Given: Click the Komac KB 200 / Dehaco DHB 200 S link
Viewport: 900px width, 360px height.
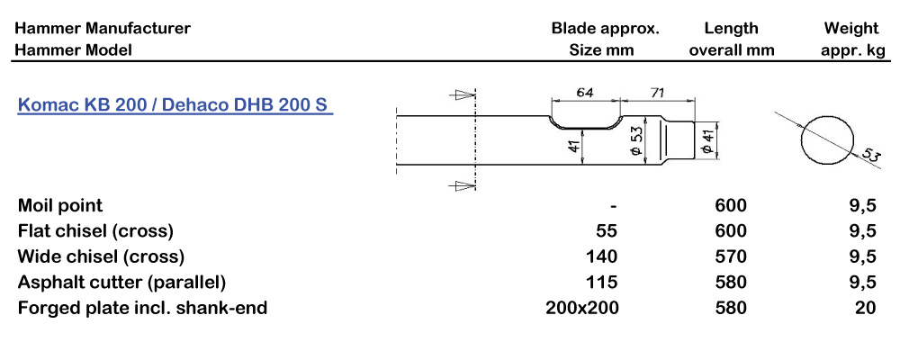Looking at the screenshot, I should pos(175,105).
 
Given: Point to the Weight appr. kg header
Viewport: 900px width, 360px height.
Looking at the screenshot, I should pos(852,39).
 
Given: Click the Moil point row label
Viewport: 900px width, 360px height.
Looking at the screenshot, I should pos(60,205).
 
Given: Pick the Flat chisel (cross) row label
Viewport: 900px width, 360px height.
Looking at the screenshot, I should pos(95,230).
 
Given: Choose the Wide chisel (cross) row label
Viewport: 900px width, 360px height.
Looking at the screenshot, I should pos(101,256).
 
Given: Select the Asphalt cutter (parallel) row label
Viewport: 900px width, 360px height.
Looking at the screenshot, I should pos(121,282).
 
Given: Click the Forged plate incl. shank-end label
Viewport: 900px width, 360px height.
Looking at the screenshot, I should pos(142,308).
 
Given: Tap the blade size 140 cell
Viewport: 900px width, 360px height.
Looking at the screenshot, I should pos(601,256).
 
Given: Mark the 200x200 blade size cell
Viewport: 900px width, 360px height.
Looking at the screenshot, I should pos(582,308).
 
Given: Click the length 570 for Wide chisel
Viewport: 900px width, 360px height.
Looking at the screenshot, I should pos(731,256).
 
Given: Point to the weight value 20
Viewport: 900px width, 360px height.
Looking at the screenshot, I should pos(866,308).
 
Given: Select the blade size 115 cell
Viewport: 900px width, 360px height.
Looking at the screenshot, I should pos(601,282).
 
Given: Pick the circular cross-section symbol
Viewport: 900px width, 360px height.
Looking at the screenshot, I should pos(828,138).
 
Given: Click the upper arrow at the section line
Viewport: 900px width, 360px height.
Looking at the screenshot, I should pos(463,94).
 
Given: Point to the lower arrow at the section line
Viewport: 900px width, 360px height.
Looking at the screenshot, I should pos(463,185).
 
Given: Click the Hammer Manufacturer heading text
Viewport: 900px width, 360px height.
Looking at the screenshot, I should pos(103,28).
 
